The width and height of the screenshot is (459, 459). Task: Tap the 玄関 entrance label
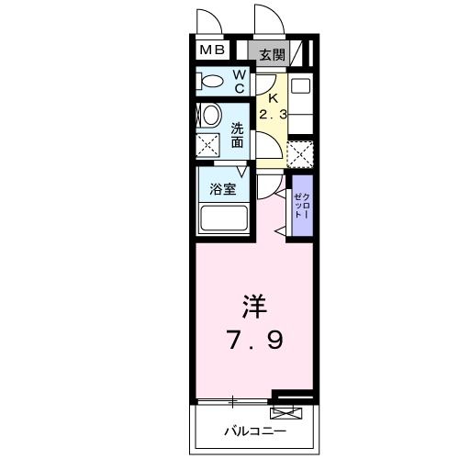click(271, 55)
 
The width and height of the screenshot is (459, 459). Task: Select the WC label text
click(238, 81)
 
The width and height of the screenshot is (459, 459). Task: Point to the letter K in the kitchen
click(272, 99)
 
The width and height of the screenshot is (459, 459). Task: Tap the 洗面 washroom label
click(238, 136)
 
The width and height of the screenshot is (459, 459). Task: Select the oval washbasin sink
click(209, 116)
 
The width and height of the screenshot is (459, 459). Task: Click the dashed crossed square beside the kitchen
click(300, 152)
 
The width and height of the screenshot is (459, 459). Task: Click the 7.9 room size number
click(256, 341)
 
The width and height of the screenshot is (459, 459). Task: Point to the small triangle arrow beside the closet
click(278, 223)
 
